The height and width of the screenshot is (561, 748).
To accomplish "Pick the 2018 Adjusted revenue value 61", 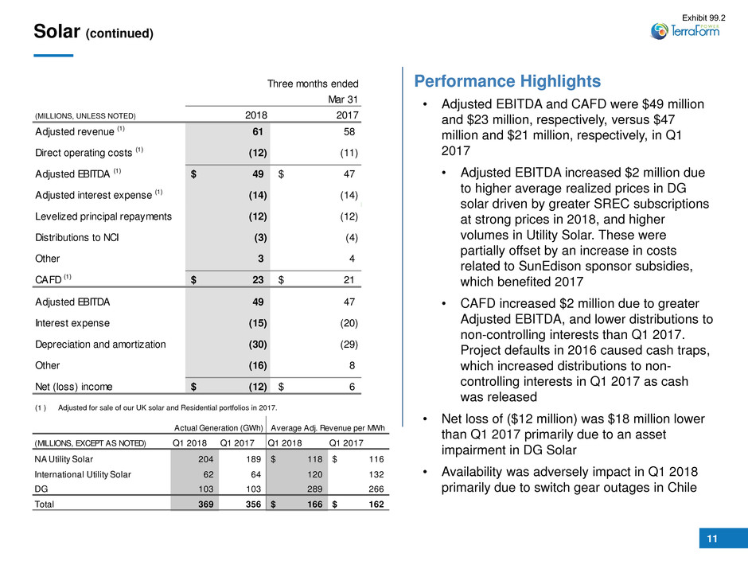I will (x=258, y=130).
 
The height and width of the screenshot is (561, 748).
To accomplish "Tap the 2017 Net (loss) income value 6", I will (x=351, y=387).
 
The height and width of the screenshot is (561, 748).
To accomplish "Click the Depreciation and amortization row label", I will (x=99, y=345).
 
